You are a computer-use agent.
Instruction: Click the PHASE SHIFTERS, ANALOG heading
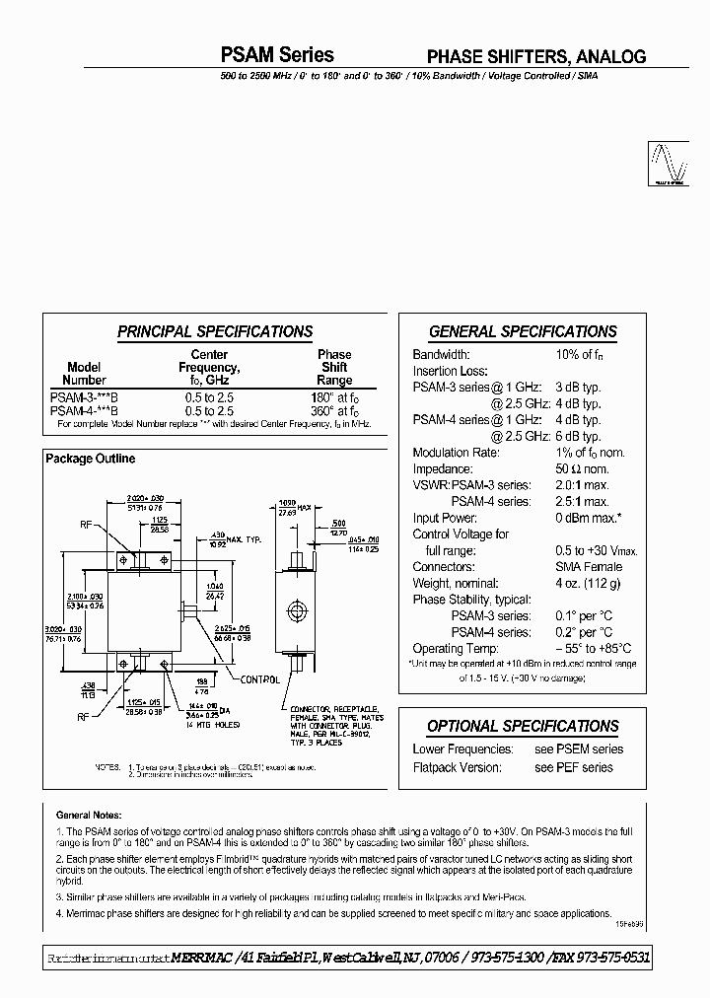pos(535,57)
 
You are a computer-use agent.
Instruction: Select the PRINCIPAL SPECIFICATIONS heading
pos(214,332)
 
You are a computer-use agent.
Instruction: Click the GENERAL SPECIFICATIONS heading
pos(523,332)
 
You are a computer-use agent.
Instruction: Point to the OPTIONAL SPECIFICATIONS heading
pos(523,727)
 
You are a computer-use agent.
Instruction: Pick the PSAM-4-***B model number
pos(84,410)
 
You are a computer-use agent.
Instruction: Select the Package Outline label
pos(91,459)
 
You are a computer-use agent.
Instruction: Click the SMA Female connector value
pos(588,567)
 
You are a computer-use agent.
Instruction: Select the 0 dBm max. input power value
pos(589,518)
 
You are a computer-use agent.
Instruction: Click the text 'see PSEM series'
pos(579,749)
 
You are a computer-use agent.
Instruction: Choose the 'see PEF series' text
pos(573,767)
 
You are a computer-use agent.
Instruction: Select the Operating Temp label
pos(457,648)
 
